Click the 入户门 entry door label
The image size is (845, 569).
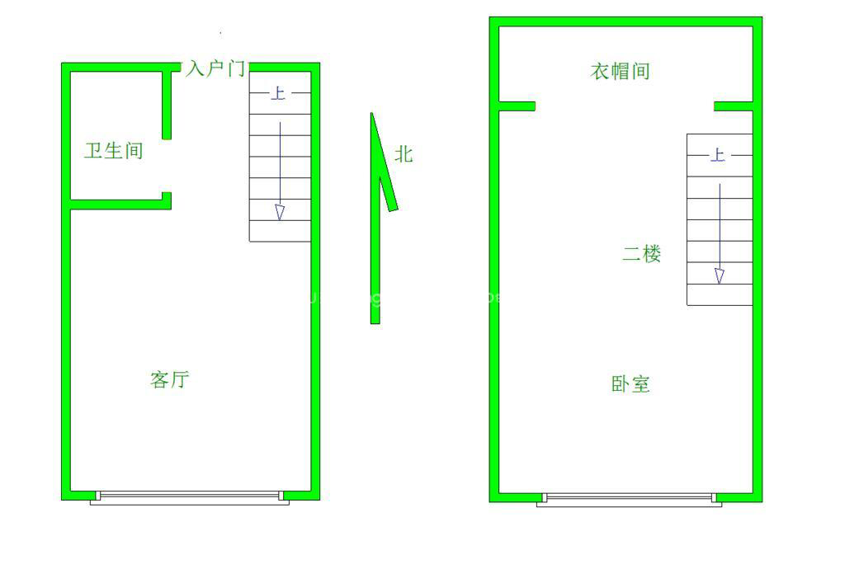(215, 68)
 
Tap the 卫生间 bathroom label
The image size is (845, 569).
(114, 151)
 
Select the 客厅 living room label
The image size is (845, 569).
(170, 380)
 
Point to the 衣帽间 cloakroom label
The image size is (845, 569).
(620, 72)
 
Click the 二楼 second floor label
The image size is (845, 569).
(641, 254)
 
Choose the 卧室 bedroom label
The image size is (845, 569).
(630, 384)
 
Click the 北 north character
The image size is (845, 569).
(404, 154)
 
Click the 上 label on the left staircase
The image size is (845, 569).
(279, 93)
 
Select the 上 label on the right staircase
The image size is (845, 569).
(718, 155)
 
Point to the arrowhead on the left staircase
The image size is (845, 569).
(280, 213)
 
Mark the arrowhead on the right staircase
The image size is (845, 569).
(720, 275)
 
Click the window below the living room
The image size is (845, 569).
(189, 496)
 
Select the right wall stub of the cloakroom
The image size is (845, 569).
(734, 106)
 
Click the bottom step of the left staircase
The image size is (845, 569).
(281, 231)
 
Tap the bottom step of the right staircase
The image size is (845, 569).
(720, 294)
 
